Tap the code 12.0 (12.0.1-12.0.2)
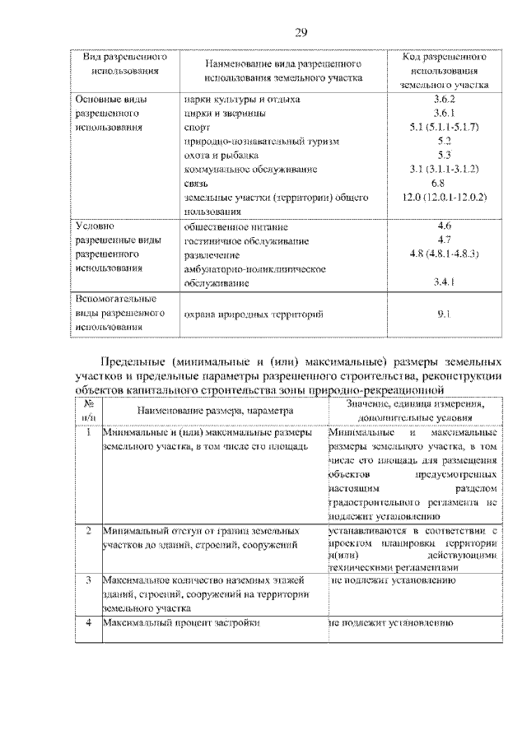click(443, 198)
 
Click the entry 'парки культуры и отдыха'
click(241, 99)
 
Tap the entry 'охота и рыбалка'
click(222, 155)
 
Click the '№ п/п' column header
click(87, 411)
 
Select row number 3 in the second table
click(87, 580)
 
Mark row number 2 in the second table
click(87, 532)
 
